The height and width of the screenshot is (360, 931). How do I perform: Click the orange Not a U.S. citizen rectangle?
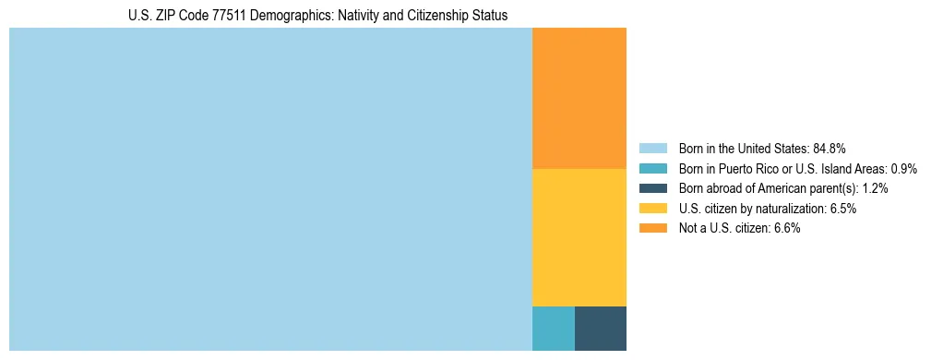pyautogui.click(x=579, y=98)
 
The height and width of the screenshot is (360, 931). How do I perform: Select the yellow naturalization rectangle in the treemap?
pyautogui.click(x=579, y=237)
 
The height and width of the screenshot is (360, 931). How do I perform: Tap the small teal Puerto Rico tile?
pyautogui.click(x=554, y=328)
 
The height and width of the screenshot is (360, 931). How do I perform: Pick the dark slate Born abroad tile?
pyautogui.click(x=601, y=328)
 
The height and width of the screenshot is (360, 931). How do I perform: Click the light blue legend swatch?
pyautogui.click(x=652, y=148)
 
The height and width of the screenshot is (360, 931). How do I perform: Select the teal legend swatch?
pyautogui.click(x=652, y=168)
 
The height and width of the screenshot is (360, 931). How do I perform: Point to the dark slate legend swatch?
pyautogui.click(x=652, y=188)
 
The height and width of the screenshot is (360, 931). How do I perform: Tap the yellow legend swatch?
pyautogui.click(x=652, y=209)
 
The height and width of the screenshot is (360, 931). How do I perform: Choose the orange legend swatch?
pyautogui.click(x=652, y=228)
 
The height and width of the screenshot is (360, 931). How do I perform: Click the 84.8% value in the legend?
pyautogui.click(x=830, y=148)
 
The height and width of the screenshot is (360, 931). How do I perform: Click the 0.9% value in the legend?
pyautogui.click(x=902, y=168)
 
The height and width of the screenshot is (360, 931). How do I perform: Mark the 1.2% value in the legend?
pyautogui.click(x=875, y=188)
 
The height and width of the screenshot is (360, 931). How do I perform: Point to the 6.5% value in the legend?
pyautogui.click(x=842, y=209)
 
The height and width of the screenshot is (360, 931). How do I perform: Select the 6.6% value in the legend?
pyautogui.click(x=786, y=228)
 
